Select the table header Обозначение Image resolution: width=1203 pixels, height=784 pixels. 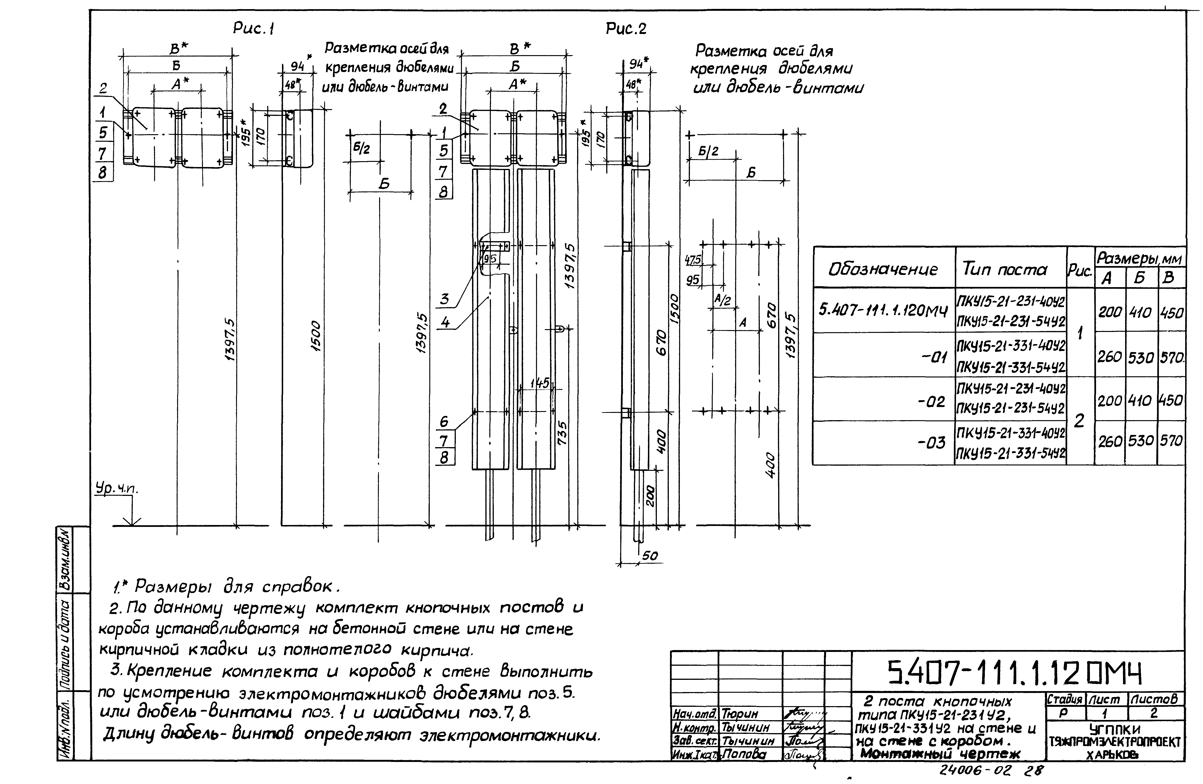883,269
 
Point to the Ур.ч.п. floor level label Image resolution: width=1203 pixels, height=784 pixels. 117,489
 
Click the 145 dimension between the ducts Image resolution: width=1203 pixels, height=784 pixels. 539,383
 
